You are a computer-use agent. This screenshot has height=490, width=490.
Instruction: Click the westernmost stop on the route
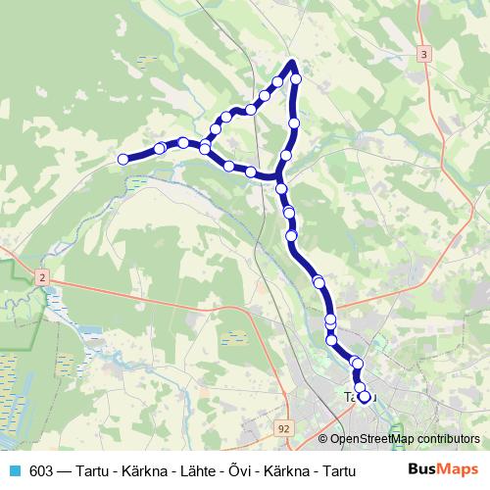coord(123,159)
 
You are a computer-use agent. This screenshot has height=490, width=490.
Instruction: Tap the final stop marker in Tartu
coord(365,397)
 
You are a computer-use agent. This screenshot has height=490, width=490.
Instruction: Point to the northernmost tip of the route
coord(292,63)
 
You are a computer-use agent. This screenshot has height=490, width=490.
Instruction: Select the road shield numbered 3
coord(423,55)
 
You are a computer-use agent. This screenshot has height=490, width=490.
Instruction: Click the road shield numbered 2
coord(42,279)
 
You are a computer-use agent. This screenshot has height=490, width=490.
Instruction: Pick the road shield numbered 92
coord(284,428)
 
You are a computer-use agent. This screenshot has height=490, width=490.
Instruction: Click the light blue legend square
coord(12,469)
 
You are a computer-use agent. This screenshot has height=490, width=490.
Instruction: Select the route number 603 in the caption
coord(42,469)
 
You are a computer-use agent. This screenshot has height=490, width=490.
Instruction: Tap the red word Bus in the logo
coord(422,468)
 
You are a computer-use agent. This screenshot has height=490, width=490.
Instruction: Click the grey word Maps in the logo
coord(460,468)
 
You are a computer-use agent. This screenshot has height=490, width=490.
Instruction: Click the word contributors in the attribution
coord(450,438)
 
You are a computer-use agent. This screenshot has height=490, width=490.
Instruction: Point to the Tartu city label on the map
coord(356,397)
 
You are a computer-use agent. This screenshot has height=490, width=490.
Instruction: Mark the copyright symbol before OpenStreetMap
coord(323,438)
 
